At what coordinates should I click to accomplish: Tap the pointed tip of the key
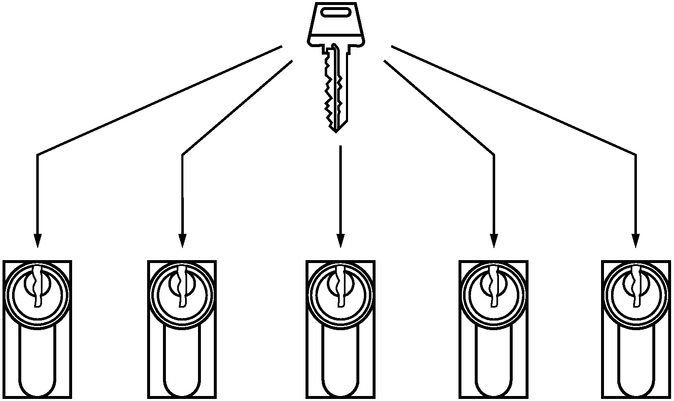(x=336, y=130)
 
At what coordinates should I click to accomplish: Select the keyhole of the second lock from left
(x=182, y=288)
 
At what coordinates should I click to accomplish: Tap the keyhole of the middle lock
(x=340, y=288)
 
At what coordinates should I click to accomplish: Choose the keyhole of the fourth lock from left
(x=494, y=288)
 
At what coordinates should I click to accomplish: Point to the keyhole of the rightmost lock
(x=636, y=288)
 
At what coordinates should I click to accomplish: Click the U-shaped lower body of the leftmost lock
(x=37, y=363)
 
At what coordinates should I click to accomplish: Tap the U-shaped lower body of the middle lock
(x=340, y=363)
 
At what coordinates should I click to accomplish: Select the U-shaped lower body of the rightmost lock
(x=636, y=363)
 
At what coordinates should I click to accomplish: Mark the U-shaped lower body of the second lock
(x=182, y=363)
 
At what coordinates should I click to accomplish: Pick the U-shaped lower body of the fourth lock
(x=494, y=363)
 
